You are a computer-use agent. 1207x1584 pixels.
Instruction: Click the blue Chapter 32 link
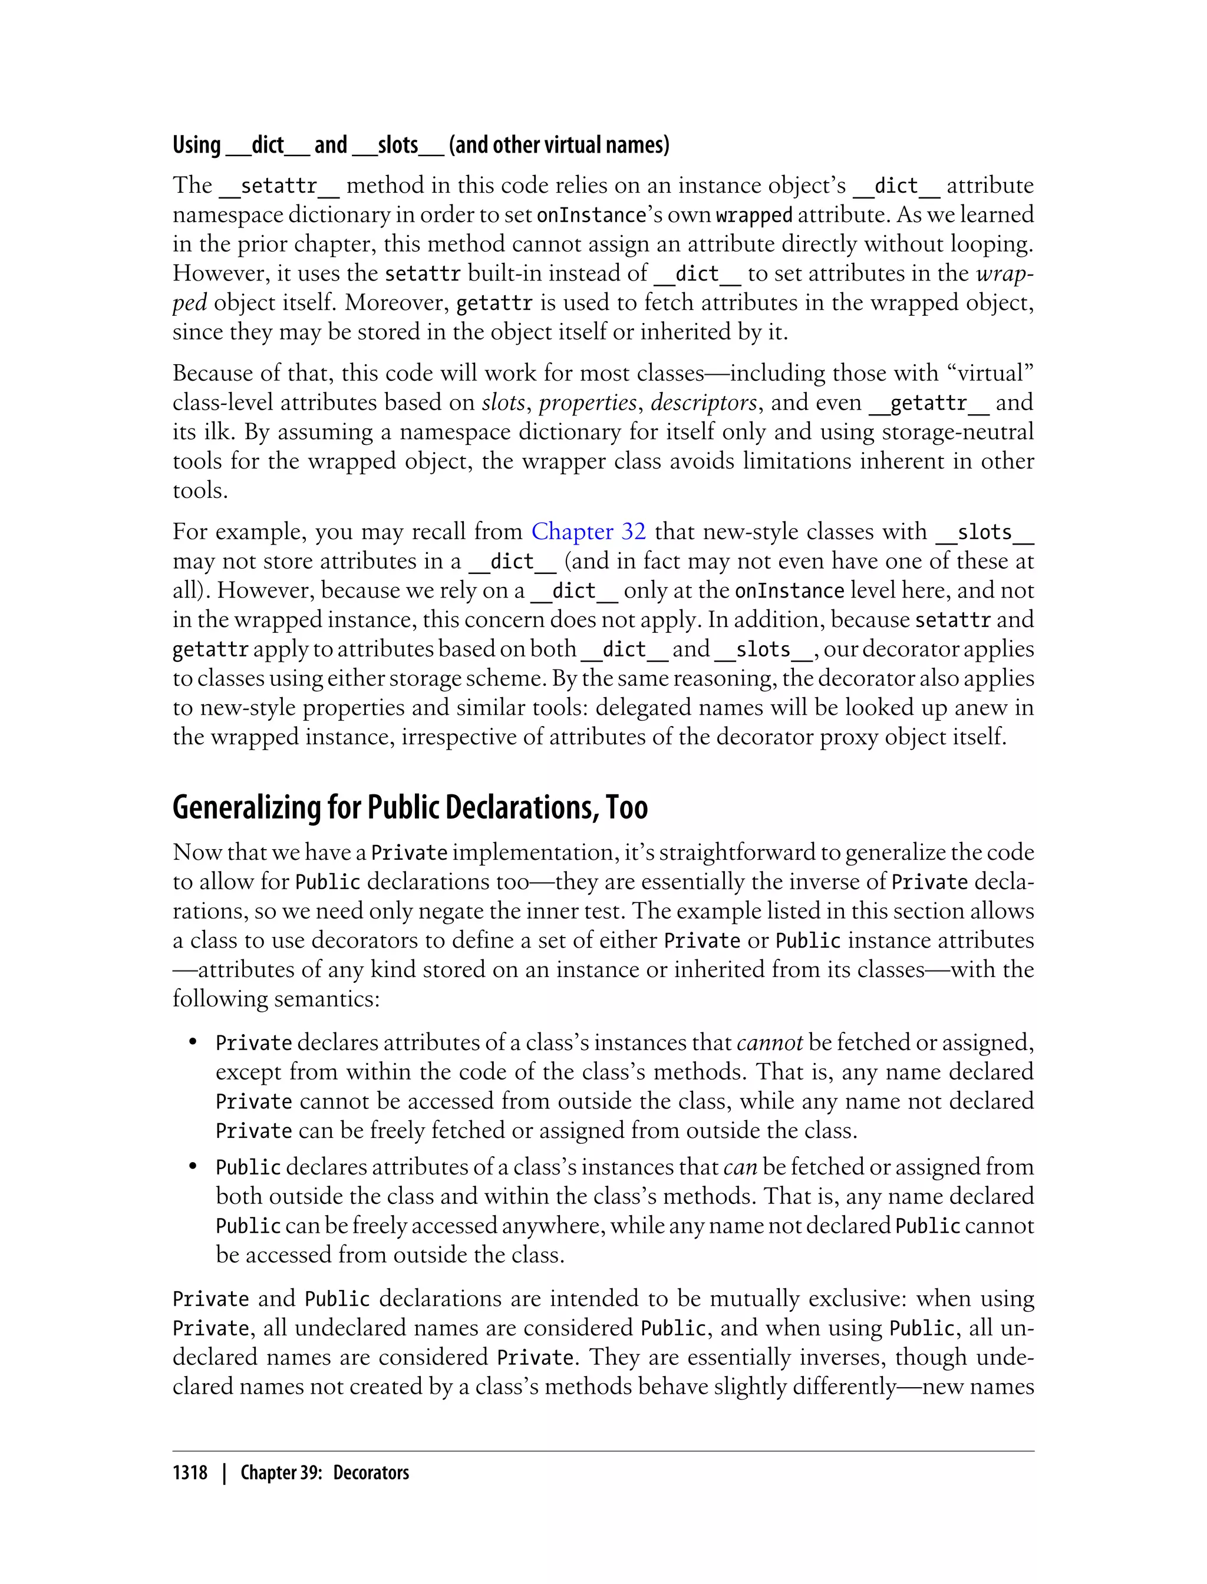[x=588, y=532]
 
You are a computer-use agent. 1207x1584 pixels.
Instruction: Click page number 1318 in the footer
[x=190, y=1473]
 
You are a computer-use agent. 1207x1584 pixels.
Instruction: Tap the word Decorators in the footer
[x=371, y=1473]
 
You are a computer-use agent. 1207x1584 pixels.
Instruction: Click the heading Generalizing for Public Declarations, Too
[x=410, y=807]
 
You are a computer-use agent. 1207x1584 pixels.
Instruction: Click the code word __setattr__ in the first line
[x=279, y=186]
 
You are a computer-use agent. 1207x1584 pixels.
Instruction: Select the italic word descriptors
[x=703, y=403]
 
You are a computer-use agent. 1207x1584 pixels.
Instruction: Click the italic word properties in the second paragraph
[x=588, y=403]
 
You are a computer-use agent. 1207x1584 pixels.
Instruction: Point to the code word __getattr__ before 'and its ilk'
[x=928, y=403]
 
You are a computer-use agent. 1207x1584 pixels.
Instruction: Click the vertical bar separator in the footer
[x=224, y=1473]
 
